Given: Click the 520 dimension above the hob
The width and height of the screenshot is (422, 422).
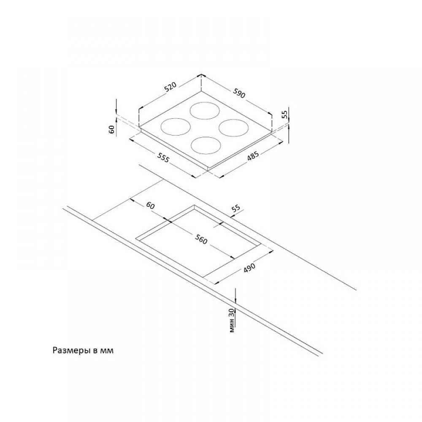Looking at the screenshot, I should (170, 88).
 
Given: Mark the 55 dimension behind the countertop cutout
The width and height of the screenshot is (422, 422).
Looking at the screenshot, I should (235, 208).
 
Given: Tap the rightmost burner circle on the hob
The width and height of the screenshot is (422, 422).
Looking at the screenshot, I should (235, 128).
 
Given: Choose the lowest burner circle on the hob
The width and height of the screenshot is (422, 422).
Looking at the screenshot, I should (206, 145).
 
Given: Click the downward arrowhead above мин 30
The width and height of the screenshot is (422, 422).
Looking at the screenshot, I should (235, 300).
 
